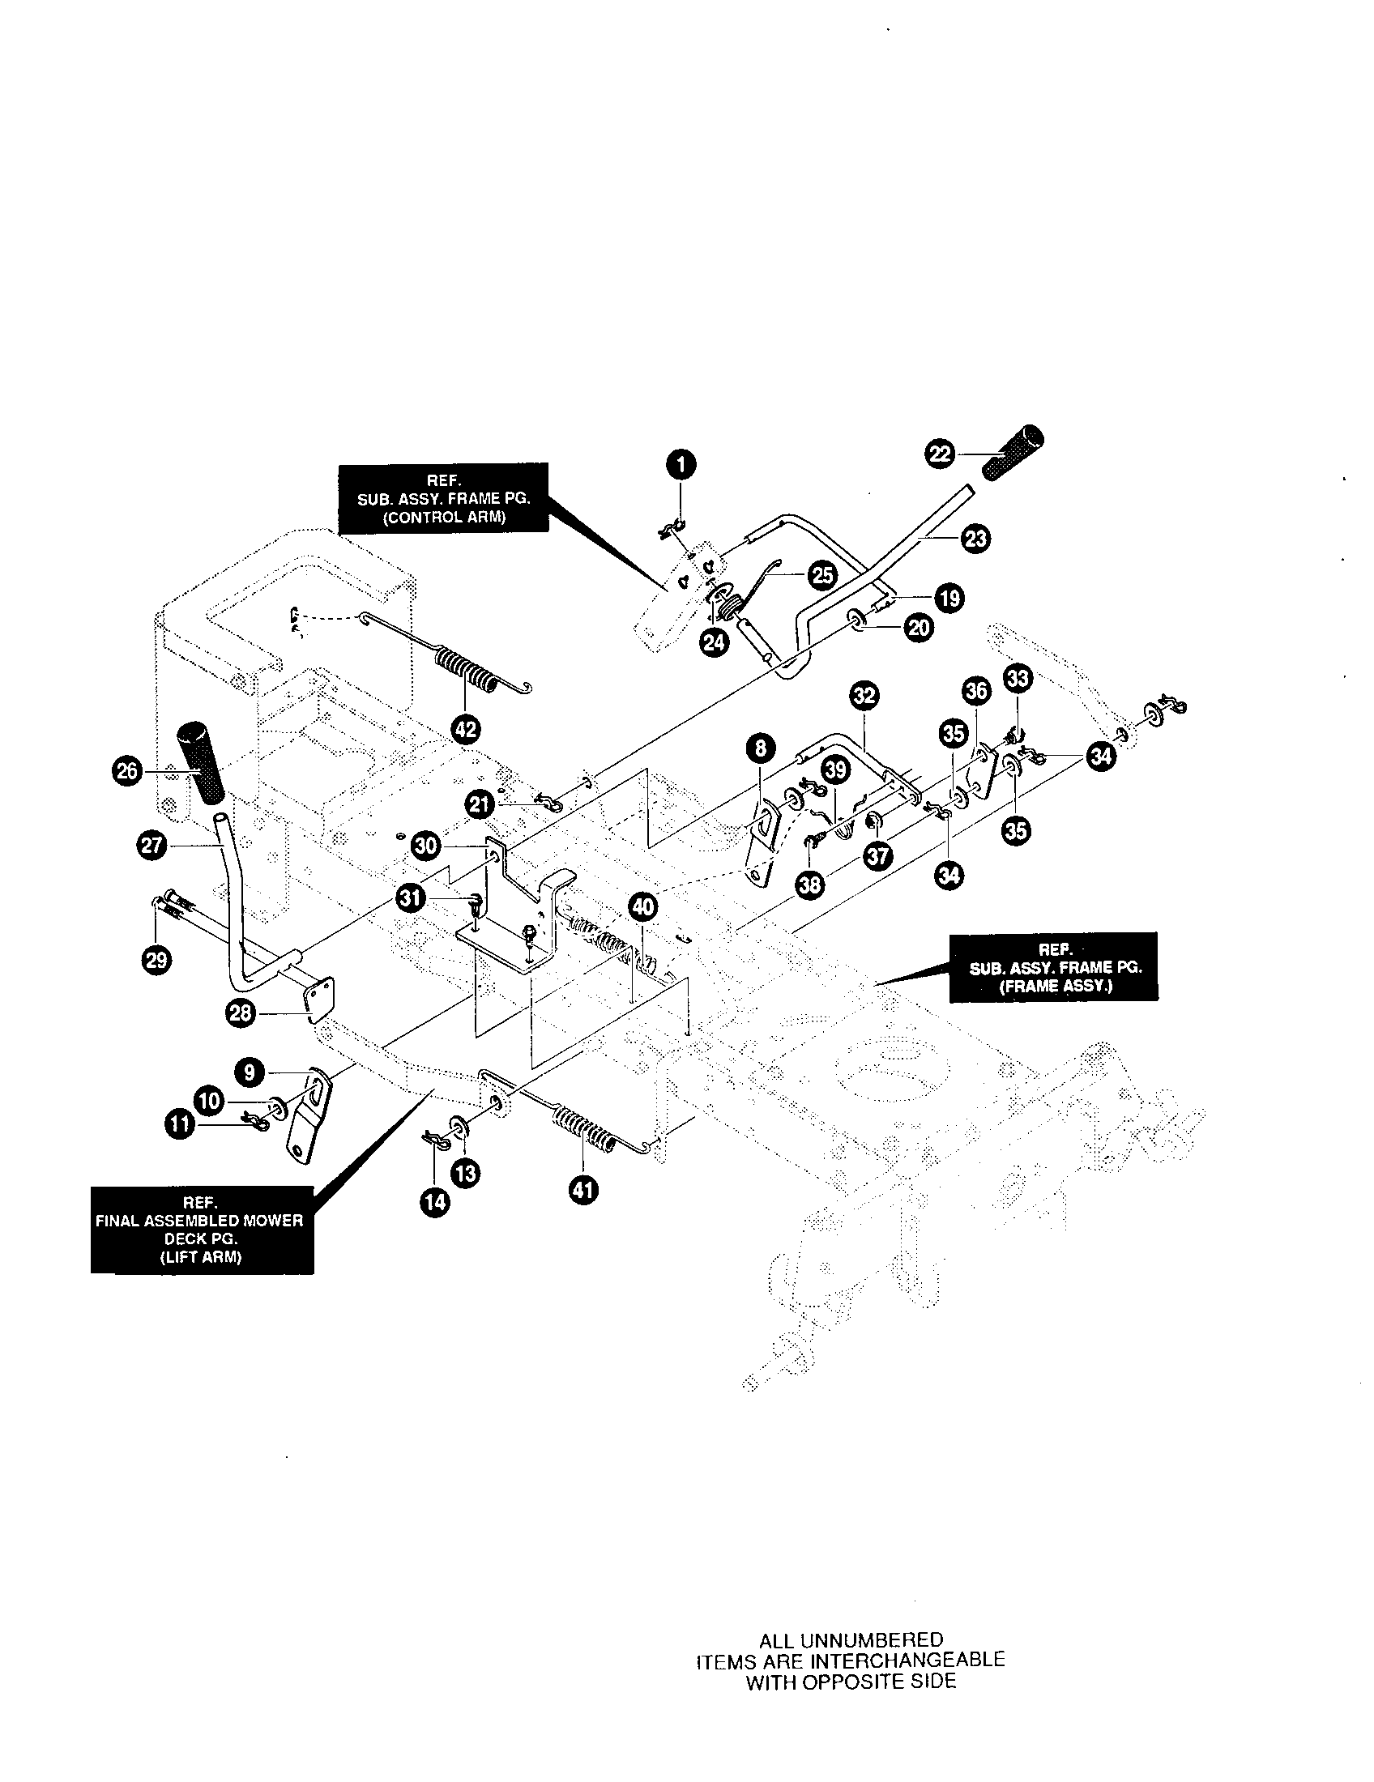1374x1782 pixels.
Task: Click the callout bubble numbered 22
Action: (x=941, y=454)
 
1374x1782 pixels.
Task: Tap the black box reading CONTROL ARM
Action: (x=444, y=497)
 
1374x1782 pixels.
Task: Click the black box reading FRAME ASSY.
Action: (x=1053, y=967)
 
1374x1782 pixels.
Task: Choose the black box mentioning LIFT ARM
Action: (x=202, y=1230)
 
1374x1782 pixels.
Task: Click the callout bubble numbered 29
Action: (x=156, y=960)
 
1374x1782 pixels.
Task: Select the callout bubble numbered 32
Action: (x=864, y=695)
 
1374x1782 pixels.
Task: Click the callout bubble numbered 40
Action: (x=643, y=905)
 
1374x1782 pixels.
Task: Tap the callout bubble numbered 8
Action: (x=761, y=748)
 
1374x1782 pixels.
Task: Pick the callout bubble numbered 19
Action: (x=949, y=598)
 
